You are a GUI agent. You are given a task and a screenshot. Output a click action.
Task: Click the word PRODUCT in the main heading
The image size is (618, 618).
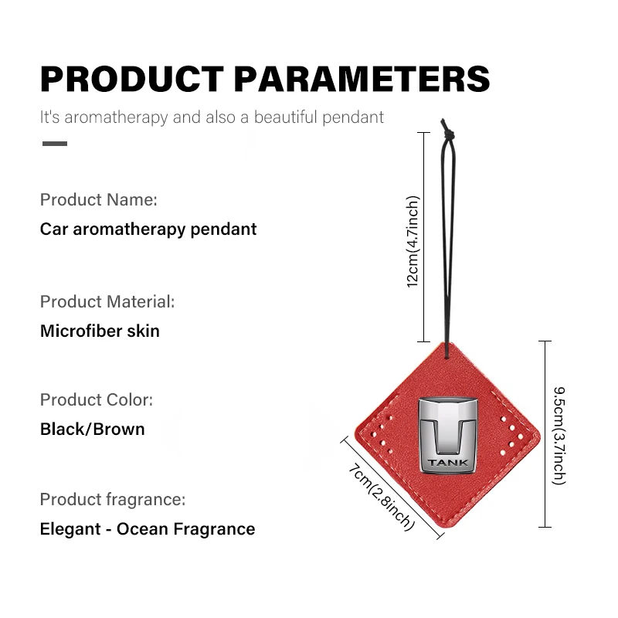pos(132,79)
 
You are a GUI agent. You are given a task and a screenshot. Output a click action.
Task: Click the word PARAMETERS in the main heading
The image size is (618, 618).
pos(362,79)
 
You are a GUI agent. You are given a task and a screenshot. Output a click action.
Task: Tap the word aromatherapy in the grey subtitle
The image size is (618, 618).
pos(117,117)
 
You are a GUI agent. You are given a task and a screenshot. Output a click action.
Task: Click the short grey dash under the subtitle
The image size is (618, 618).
pos(55,144)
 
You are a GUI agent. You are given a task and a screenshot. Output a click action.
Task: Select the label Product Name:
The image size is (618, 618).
pos(99,200)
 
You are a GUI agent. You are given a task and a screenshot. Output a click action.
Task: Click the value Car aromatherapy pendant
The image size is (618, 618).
pos(148,229)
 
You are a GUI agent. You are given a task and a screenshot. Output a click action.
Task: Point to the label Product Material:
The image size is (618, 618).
pos(107,302)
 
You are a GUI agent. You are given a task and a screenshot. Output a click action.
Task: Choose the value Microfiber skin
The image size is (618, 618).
pos(100,331)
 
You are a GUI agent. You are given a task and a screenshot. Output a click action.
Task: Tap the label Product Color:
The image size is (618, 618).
pos(96,400)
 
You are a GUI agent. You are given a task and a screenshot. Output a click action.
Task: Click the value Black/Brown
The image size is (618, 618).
pos(93,430)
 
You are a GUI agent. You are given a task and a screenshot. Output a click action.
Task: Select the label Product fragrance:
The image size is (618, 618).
pos(113,500)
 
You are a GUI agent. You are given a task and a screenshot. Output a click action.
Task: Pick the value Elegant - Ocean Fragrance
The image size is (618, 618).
pos(148,529)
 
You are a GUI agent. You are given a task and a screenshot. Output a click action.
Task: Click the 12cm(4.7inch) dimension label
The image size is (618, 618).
pos(413,242)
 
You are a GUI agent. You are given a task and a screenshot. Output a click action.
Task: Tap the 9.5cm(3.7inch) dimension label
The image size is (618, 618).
pos(559,436)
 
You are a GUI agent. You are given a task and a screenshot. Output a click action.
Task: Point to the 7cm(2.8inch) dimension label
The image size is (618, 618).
pos(382,497)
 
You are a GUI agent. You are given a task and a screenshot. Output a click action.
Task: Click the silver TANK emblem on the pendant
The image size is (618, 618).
pos(448,435)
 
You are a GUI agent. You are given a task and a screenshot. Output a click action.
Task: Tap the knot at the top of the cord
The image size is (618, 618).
pos(448,134)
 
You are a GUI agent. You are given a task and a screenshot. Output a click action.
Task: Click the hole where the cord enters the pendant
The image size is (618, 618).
pos(447,357)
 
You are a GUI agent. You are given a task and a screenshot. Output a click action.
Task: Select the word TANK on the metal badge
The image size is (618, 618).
pos(448,462)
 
